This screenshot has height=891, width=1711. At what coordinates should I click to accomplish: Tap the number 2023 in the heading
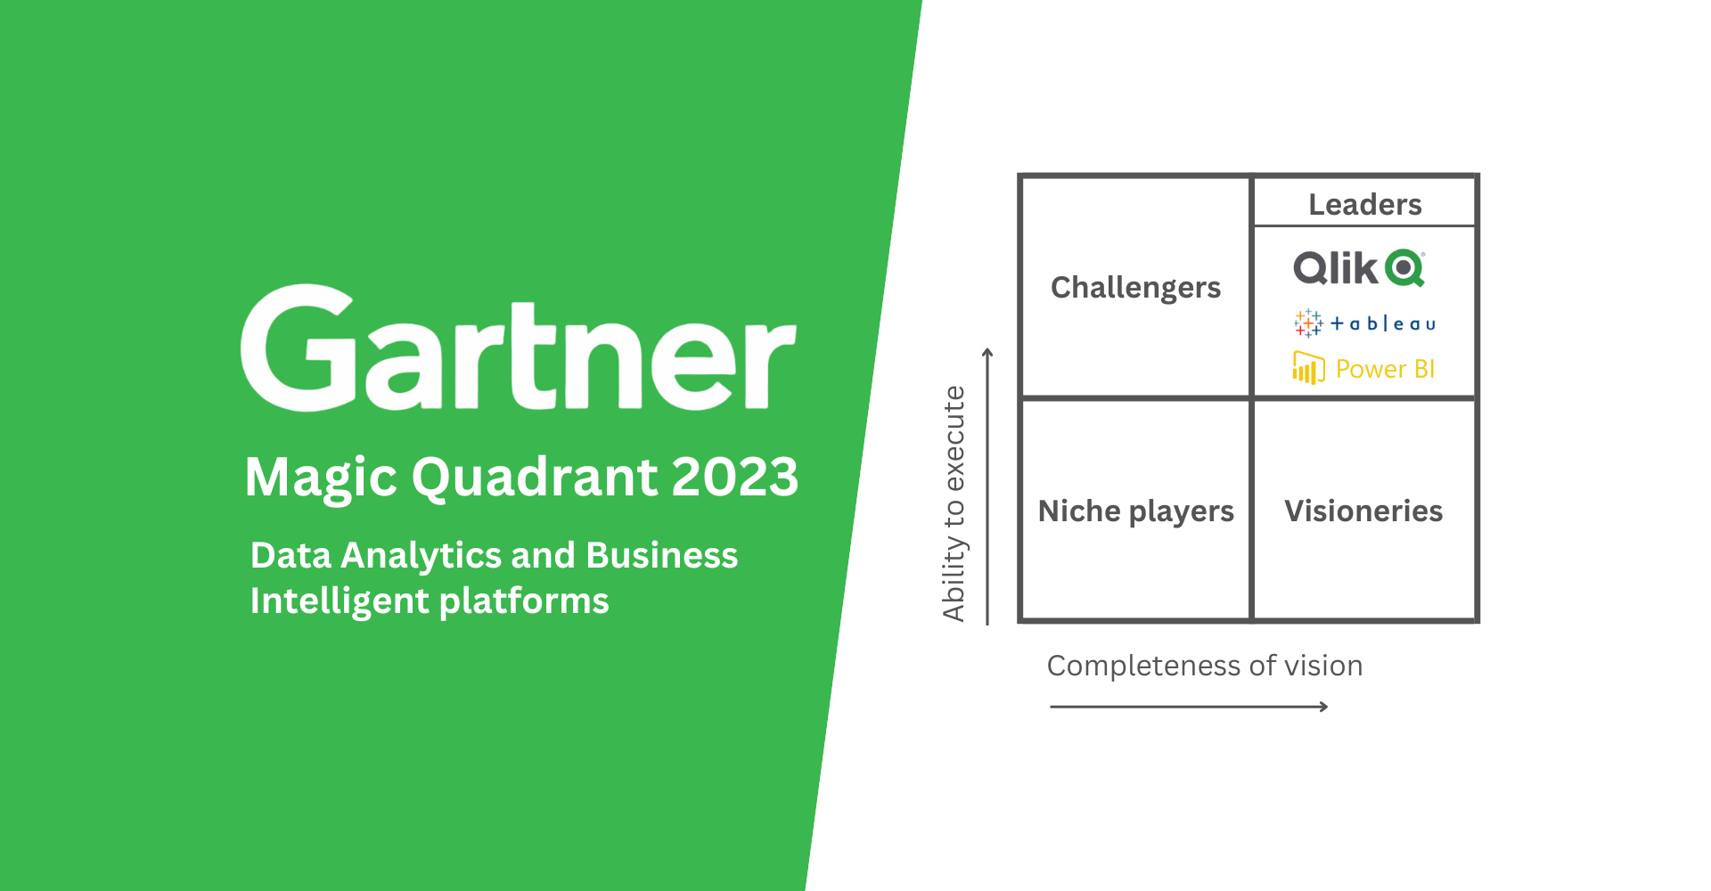(735, 476)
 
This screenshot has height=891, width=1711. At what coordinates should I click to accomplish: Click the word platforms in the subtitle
(525, 602)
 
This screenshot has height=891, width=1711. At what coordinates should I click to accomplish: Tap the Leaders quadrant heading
(1364, 204)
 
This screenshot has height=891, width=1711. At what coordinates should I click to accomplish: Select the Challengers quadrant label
(1135, 289)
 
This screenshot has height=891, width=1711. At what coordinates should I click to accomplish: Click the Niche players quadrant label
(1136, 511)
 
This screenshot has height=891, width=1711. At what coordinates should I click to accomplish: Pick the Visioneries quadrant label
(1363, 511)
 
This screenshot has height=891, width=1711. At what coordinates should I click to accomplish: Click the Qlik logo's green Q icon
(1405, 267)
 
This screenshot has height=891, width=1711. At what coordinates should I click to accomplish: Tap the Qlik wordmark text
(1336, 268)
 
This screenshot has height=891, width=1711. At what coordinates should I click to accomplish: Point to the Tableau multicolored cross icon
(1308, 323)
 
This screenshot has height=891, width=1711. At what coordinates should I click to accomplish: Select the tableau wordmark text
(1383, 323)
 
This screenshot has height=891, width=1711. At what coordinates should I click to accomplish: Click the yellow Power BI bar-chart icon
(1308, 367)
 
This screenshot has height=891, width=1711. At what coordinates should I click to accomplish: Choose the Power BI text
(1385, 369)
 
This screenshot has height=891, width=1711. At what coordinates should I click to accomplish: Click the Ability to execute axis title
(954, 503)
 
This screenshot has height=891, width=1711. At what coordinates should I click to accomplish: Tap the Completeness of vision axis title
(1205, 666)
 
